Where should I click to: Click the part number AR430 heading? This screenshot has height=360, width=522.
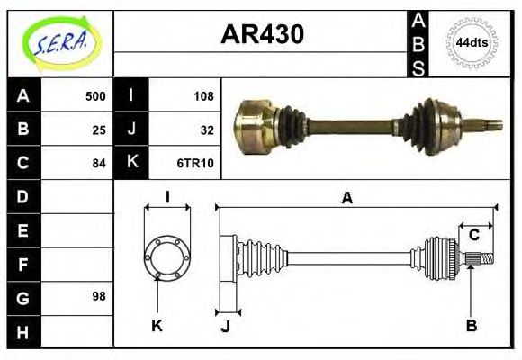[x=262, y=35]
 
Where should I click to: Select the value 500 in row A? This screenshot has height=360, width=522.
[x=94, y=96]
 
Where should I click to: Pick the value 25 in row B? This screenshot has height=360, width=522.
[x=99, y=130]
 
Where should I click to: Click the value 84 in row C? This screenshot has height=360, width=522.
[x=99, y=164]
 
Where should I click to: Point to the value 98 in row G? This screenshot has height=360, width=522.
[x=99, y=296]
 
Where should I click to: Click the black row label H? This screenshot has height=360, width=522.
[x=22, y=330]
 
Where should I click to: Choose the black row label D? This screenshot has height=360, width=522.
[x=22, y=196]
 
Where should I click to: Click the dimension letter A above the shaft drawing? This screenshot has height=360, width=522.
[x=346, y=198]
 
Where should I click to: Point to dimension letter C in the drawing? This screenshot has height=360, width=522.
[x=473, y=236]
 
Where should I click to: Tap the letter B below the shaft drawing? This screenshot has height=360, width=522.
[x=471, y=326]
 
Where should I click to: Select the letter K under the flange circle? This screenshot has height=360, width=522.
[x=157, y=326]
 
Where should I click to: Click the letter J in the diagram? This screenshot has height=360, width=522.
[x=225, y=326]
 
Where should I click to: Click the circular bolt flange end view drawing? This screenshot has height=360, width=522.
[x=167, y=257]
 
